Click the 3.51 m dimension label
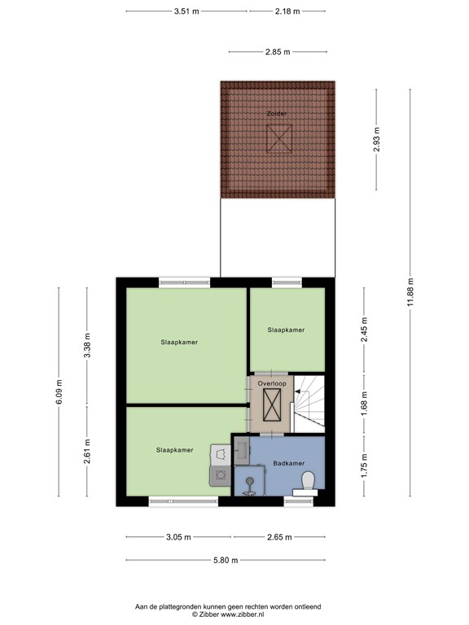click(186, 11)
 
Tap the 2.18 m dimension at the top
click(287, 11)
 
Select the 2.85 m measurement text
click(278, 52)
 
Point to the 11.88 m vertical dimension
click(410, 293)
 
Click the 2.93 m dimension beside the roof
click(376, 139)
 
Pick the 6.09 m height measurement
click(59, 391)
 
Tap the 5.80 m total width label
click(226, 560)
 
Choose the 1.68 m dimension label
click(364, 404)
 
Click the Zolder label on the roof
click(277, 114)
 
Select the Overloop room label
click(272, 383)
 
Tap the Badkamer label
click(289, 463)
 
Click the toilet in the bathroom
click(308, 483)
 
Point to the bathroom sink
click(242, 450)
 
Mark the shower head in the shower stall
click(250, 482)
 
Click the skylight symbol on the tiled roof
click(279, 138)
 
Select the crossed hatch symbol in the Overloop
click(272, 405)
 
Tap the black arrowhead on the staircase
click(297, 391)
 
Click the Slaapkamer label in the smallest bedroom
click(286, 330)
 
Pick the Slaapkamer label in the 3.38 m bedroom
click(179, 342)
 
